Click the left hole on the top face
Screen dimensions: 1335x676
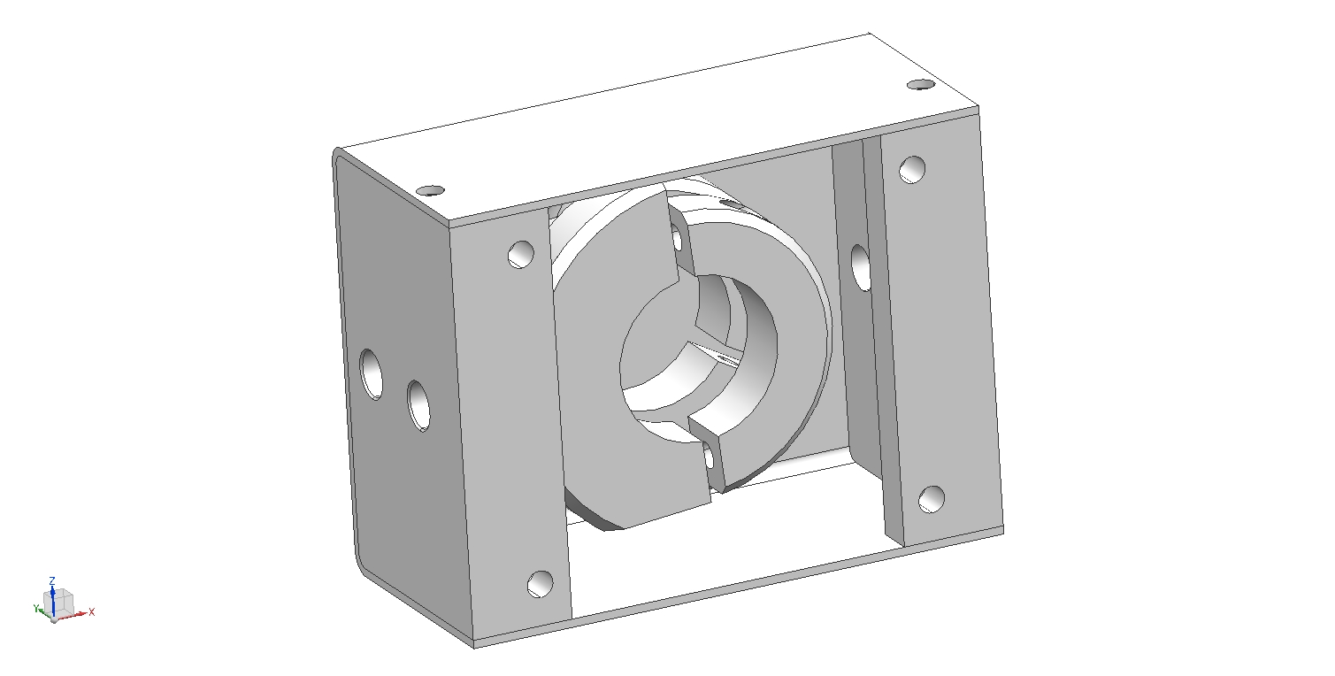coord(430,191)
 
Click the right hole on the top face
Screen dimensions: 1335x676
coord(921,85)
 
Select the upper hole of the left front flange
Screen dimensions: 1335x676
coord(521,255)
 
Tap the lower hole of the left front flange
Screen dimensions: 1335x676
coord(540,584)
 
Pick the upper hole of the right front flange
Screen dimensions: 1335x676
coord(912,170)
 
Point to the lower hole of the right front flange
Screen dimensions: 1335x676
coord(931,500)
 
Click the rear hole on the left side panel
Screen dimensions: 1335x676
coord(372,374)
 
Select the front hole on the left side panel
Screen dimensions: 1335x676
coord(419,406)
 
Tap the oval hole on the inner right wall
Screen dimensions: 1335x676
coord(860,268)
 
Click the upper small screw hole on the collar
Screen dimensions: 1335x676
coord(677,238)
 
